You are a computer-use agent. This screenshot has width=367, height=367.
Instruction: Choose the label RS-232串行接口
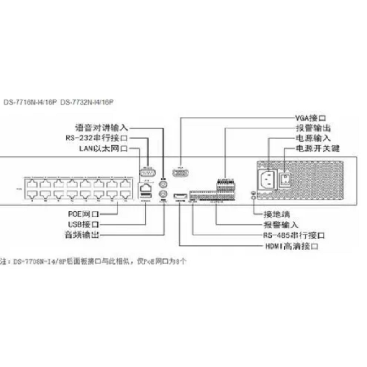pos(96,138)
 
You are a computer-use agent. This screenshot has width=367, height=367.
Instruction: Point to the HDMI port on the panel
pos(180,198)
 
